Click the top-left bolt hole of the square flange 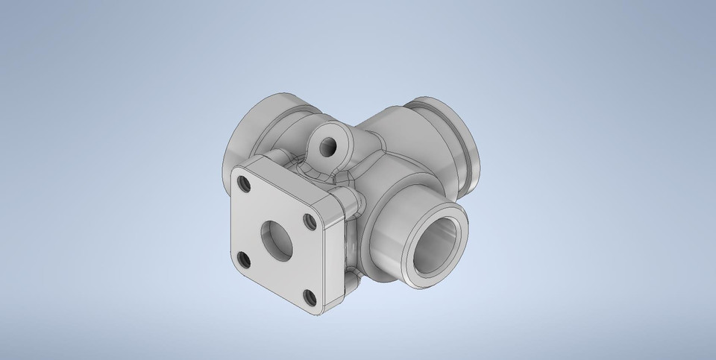click(x=242, y=180)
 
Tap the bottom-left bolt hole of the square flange click(x=243, y=259)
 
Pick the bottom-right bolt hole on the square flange click(x=307, y=297)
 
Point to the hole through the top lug click(x=326, y=142)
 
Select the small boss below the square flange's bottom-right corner click(x=349, y=283)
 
